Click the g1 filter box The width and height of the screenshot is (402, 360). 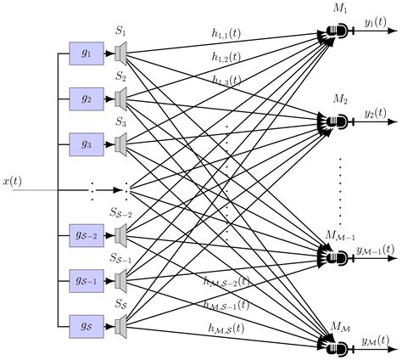pyautogui.click(x=86, y=53)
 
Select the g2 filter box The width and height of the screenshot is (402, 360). pyautogui.click(x=86, y=98)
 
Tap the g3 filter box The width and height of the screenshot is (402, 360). pyautogui.click(x=86, y=143)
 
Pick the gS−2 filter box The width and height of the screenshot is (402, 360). pyautogui.click(x=86, y=233)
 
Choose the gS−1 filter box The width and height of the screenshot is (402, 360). pyautogui.click(x=86, y=278)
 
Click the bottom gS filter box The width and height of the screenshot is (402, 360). pyautogui.click(x=86, y=323)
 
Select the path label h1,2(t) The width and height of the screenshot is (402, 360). pyautogui.click(x=228, y=57)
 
